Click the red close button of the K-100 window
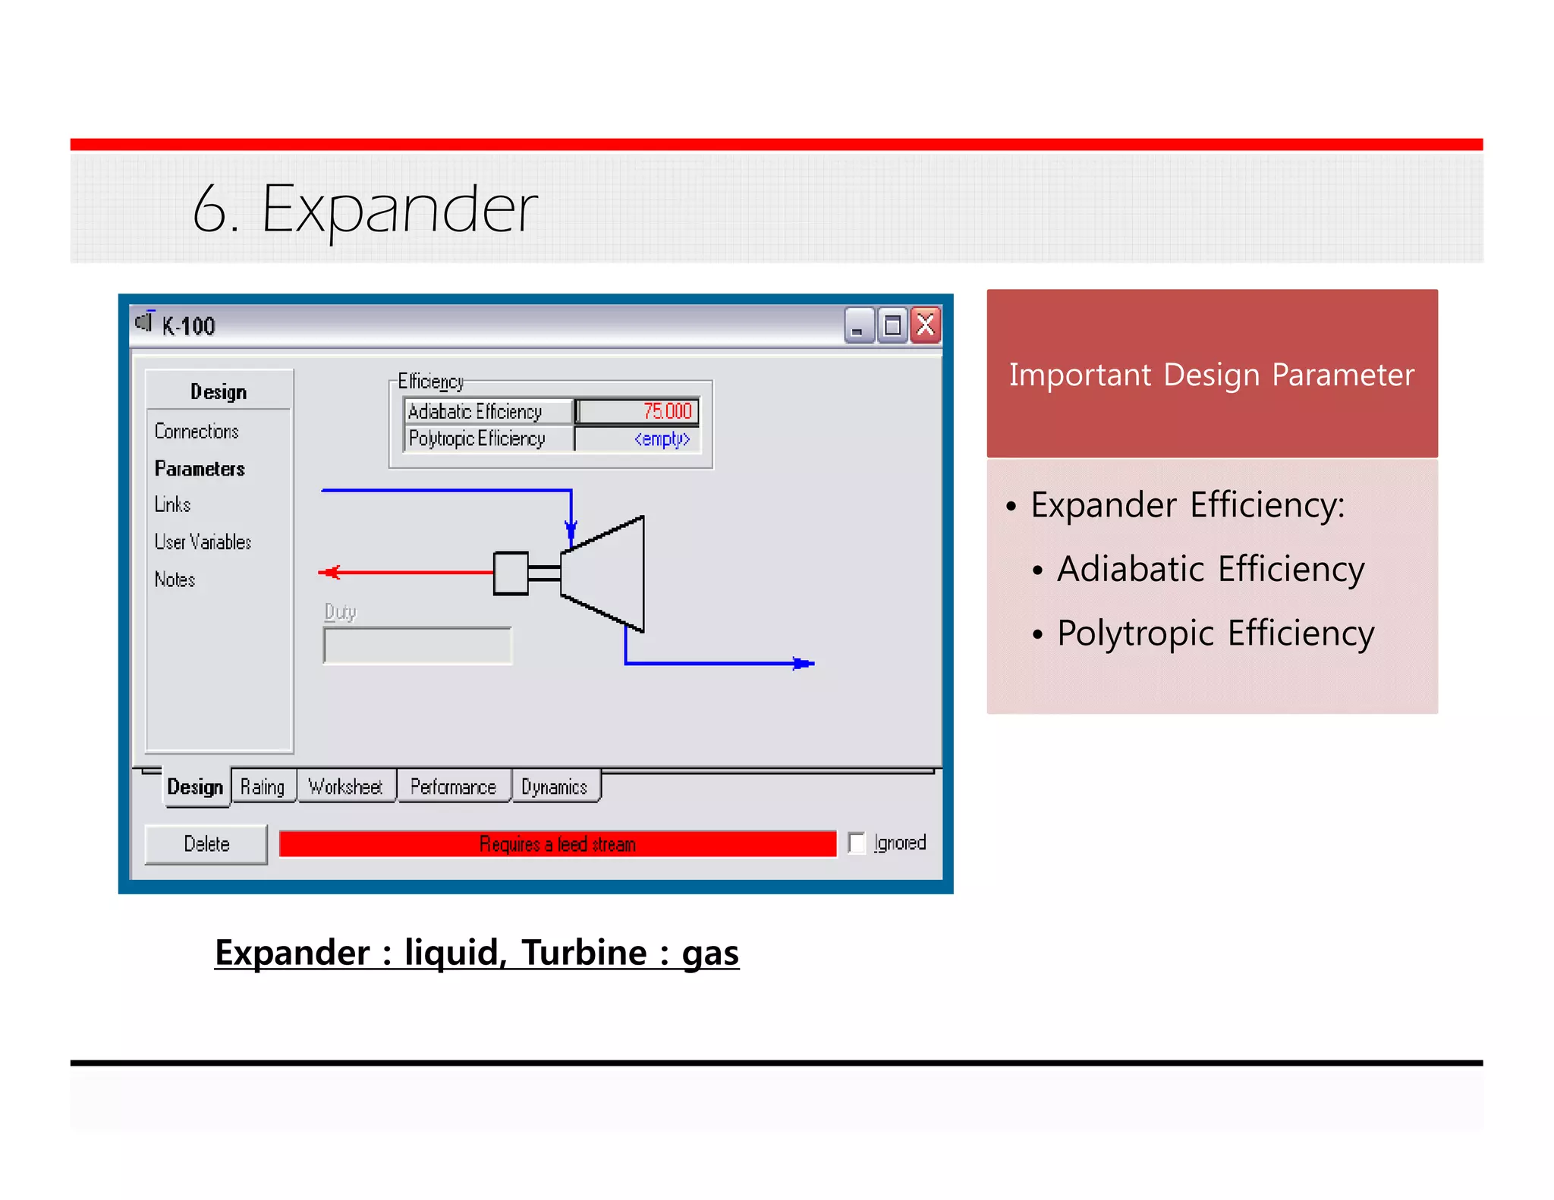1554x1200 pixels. pyautogui.click(x=925, y=326)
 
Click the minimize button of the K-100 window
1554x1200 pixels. pyautogui.click(x=859, y=326)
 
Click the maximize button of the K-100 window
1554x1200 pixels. pyautogui.click(x=892, y=326)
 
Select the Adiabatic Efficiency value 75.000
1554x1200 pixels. pyautogui.click(x=637, y=411)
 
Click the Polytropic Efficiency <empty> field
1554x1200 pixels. pyautogui.click(x=637, y=439)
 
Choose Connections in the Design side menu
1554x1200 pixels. pyautogui.click(x=197, y=432)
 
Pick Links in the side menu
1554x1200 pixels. pyautogui.click(x=172, y=504)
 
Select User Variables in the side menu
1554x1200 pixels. pyautogui.click(x=203, y=542)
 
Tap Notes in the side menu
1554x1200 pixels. pyautogui.click(x=175, y=580)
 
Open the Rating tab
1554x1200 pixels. pyautogui.click(x=263, y=787)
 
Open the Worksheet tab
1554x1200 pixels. pyautogui.click(x=345, y=787)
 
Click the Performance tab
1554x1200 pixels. pyautogui.click(x=453, y=787)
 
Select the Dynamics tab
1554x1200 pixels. pyautogui.click(x=555, y=787)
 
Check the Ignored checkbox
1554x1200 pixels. pyautogui.click(x=857, y=843)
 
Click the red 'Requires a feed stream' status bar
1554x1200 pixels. pyautogui.click(x=557, y=844)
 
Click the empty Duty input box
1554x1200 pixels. pyautogui.click(x=417, y=646)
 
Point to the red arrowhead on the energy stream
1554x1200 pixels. pyautogui.click(x=330, y=572)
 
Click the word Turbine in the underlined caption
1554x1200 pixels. pyautogui.click(x=584, y=953)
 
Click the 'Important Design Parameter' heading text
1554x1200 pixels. pyautogui.click(x=1211, y=375)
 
